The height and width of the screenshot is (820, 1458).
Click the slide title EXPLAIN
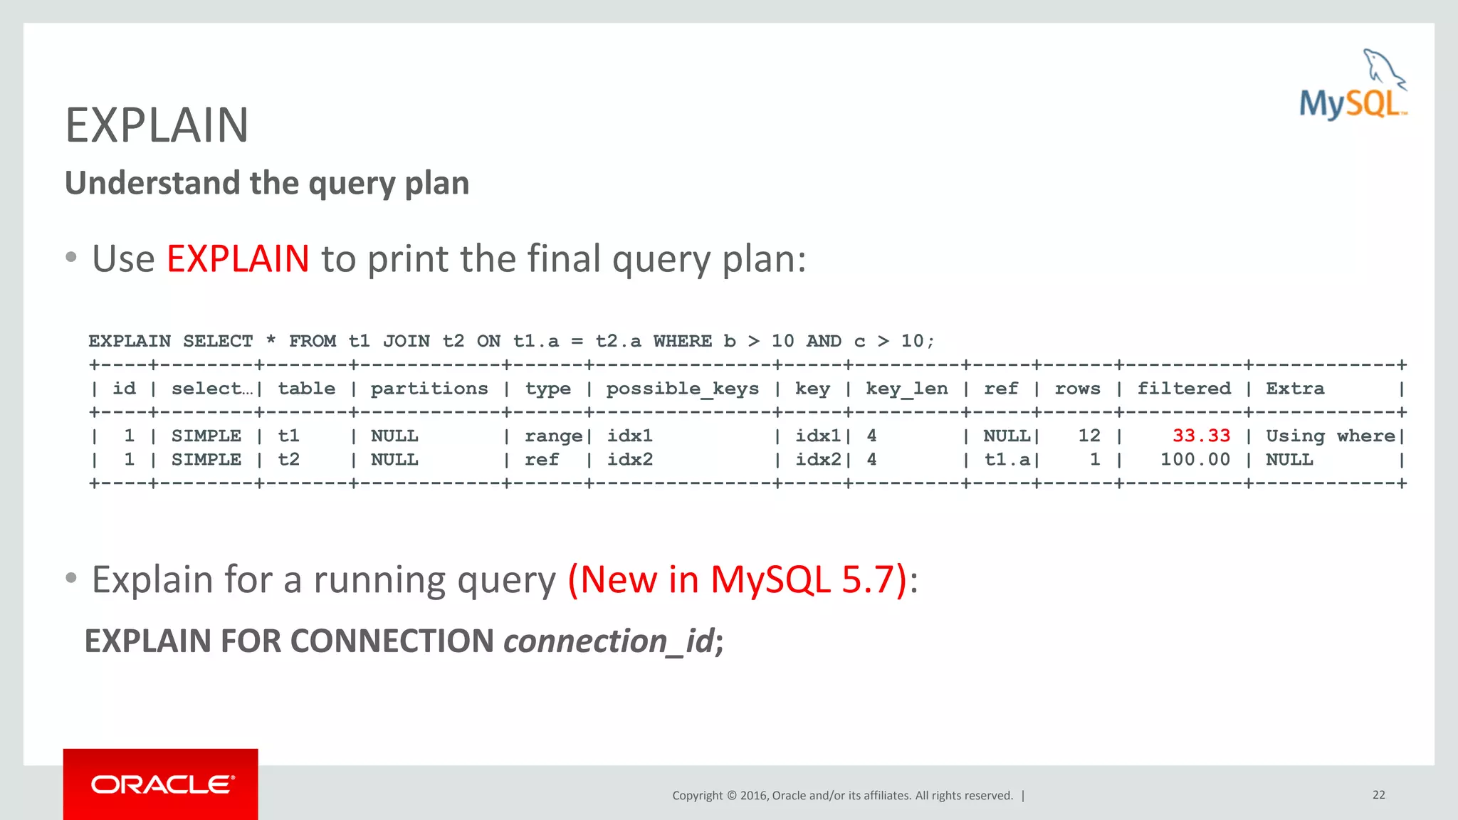pyautogui.click(x=157, y=125)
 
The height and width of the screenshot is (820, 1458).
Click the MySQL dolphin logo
pyautogui.click(x=1353, y=85)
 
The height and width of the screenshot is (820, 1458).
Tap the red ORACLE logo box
pyautogui.click(x=161, y=784)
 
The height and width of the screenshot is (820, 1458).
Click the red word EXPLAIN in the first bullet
pyautogui.click(x=238, y=258)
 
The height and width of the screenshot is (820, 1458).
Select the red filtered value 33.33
pyautogui.click(x=1201, y=436)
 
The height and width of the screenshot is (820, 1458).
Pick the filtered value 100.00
pyautogui.click(x=1195, y=460)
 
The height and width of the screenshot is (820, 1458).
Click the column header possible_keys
pyautogui.click(x=682, y=389)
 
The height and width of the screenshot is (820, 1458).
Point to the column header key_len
pyautogui.click(x=906, y=389)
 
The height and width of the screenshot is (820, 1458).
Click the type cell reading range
pyautogui.click(x=553, y=436)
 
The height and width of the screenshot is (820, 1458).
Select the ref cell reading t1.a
pyautogui.click(x=1007, y=460)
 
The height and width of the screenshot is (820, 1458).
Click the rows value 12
pyautogui.click(x=1089, y=436)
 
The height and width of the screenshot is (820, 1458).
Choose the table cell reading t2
pyautogui.click(x=288, y=460)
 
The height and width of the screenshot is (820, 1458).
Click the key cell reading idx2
pyautogui.click(x=818, y=460)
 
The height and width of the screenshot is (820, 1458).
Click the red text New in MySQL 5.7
pyautogui.click(x=738, y=579)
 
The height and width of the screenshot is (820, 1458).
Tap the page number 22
pyautogui.click(x=1378, y=795)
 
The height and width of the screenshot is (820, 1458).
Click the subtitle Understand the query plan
pyautogui.click(x=267, y=183)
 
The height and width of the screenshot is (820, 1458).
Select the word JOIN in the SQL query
pyautogui.click(x=406, y=341)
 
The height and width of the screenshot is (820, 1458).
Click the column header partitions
pyautogui.click(x=429, y=389)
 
